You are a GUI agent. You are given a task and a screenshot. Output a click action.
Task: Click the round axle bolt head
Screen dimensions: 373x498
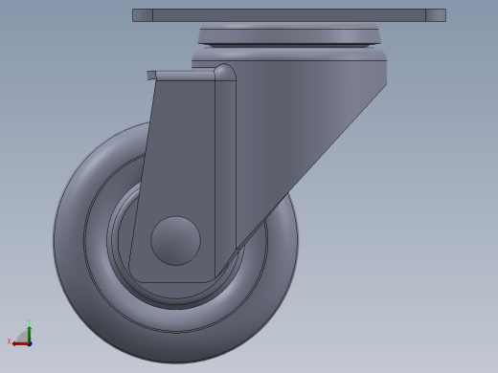175,240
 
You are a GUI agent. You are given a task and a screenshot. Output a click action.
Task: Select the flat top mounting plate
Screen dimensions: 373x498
288,15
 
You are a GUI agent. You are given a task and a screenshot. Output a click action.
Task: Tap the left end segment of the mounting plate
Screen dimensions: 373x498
142,15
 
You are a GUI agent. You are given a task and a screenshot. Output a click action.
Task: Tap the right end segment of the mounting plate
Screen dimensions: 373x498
435,15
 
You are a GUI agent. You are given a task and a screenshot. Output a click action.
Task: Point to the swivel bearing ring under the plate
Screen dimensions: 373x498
288,36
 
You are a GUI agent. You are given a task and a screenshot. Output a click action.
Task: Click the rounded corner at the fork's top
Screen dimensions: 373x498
224,72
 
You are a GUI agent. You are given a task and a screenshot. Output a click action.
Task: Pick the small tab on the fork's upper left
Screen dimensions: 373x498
151,75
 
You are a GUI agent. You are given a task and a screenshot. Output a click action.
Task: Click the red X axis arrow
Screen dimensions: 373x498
19,343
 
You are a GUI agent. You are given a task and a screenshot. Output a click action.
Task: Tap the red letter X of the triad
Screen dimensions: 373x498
10,341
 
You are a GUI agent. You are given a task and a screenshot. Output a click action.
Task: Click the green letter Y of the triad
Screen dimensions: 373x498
30,322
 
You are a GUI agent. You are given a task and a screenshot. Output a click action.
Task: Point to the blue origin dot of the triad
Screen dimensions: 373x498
30,343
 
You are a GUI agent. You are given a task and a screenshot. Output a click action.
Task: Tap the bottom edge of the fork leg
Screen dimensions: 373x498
172,283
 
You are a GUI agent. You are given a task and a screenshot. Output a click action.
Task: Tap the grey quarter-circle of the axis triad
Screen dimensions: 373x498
23,337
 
